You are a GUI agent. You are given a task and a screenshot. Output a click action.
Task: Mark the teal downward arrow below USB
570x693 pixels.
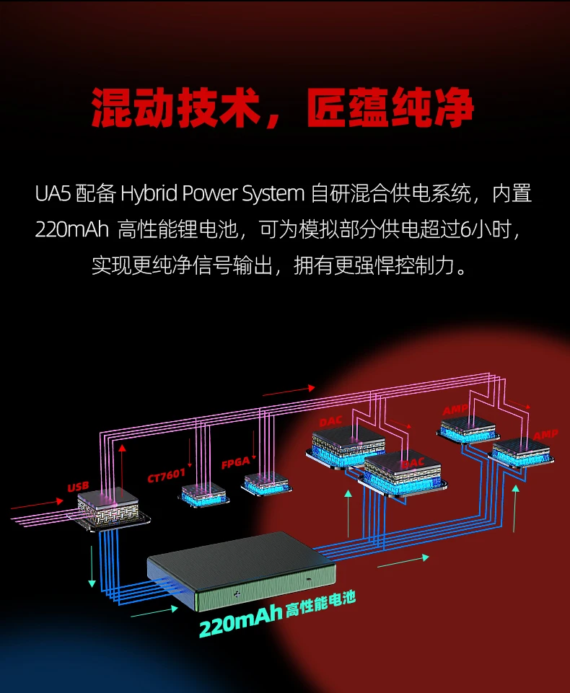tap(92, 565)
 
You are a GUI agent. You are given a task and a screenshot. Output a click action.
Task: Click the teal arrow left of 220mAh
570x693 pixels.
tap(154, 613)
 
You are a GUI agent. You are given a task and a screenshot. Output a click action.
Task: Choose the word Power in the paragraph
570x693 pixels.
tap(210, 194)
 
